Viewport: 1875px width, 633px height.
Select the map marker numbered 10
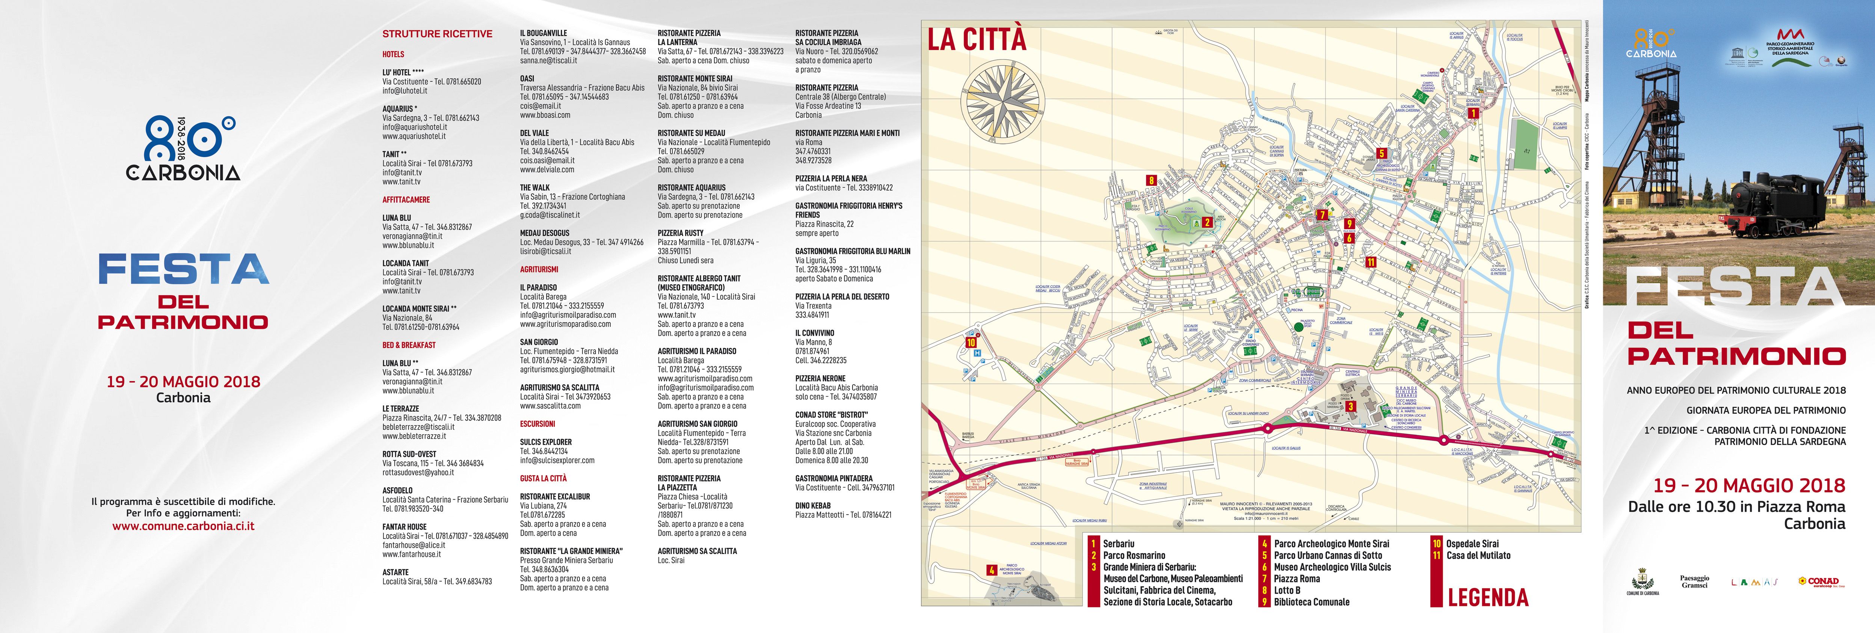coord(971,342)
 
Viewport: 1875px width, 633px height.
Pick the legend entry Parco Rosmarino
coord(1133,555)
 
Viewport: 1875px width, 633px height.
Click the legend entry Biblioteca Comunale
coord(1312,602)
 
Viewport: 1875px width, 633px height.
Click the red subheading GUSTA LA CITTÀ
coord(543,478)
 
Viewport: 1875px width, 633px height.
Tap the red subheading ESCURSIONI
coord(537,423)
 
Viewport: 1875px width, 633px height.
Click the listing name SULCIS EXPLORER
coord(546,442)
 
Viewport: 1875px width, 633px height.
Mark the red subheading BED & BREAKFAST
coord(409,345)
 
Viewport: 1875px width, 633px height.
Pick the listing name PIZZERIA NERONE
coord(820,378)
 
